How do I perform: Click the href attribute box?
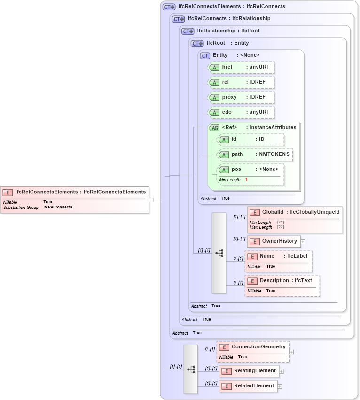241,68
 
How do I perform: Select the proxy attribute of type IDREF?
241,97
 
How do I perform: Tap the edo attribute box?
241,112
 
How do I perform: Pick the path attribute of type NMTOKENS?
255,154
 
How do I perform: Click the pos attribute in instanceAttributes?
250,169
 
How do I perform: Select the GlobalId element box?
295,213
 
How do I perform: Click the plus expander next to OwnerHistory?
303,242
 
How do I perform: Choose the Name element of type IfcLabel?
278,256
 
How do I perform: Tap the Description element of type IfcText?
282,281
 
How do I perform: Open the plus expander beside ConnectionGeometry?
291,352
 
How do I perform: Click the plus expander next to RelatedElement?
280,386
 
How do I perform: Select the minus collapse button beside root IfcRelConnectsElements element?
151,200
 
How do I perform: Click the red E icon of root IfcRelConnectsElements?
8,192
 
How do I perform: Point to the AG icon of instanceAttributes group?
215,128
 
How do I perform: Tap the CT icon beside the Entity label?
205,55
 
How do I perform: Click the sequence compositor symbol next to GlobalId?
219,253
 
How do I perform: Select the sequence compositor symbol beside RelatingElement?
191,369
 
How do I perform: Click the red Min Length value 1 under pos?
246,180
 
